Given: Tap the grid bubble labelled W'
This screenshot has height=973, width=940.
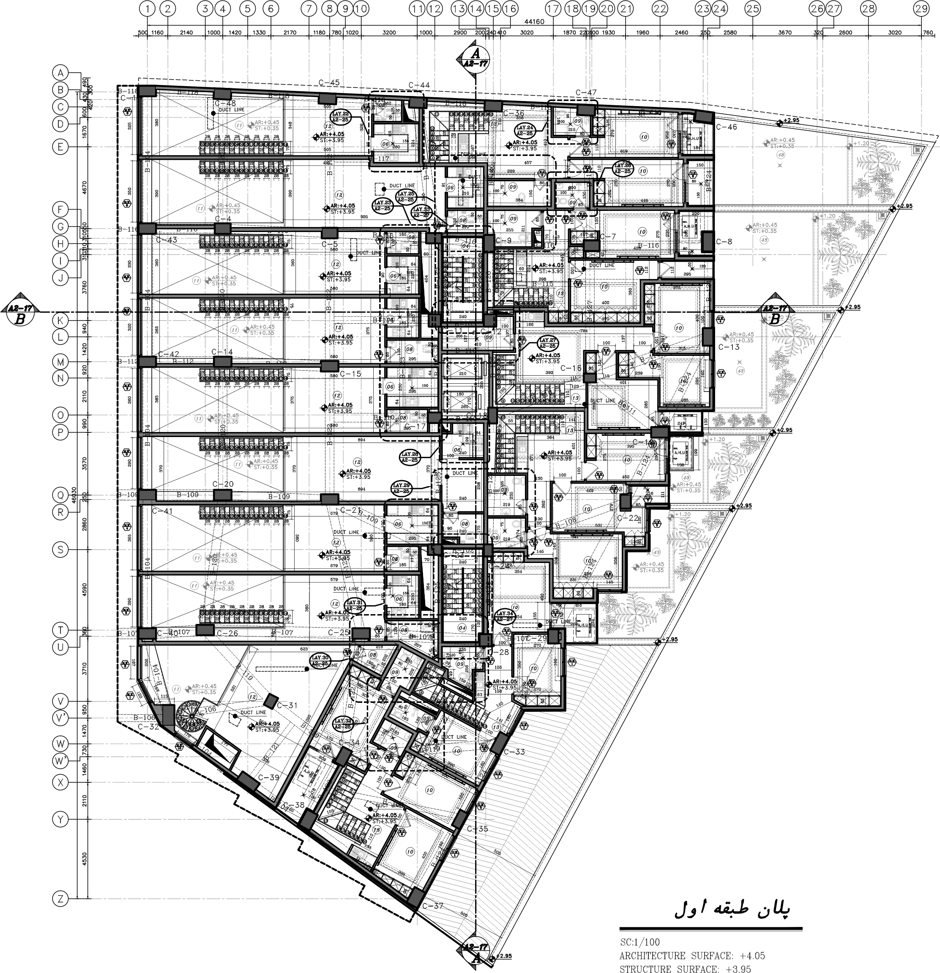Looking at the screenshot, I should (x=60, y=761).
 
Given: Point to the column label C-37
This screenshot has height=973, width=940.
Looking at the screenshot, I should (x=432, y=906).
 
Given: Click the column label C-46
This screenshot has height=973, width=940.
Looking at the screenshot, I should (x=726, y=127).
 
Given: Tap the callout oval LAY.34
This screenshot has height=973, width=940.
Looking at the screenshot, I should (x=504, y=617).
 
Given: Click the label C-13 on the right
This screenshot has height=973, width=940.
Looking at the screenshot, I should (x=728, y=347).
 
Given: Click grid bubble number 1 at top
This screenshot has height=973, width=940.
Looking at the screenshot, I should (x=148, y=8).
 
